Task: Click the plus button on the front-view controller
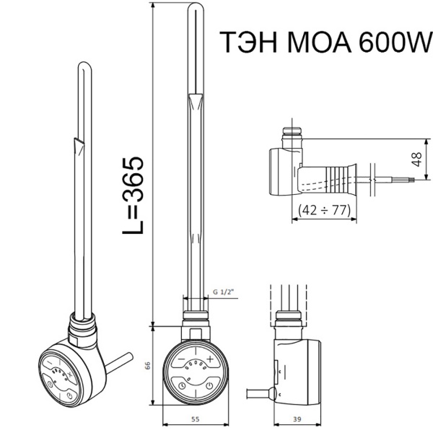210,358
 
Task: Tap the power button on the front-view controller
209,385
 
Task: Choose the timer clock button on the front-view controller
180,385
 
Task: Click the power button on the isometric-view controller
67,396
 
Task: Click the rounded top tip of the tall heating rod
197,10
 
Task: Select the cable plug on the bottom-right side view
271,393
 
